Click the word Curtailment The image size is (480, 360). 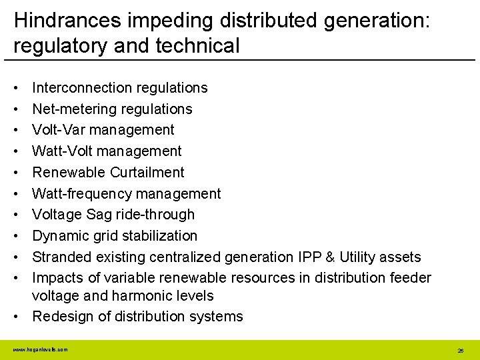click(x=148, y=172)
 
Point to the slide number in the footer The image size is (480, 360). click(x=460, y=350)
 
